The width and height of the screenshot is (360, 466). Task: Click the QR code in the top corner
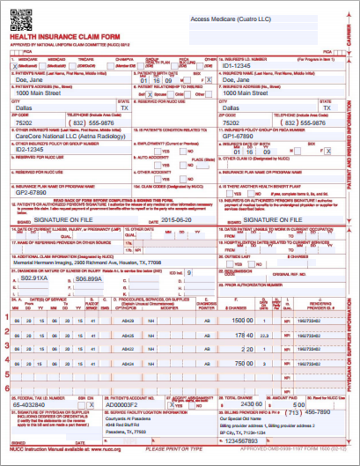[19, 18]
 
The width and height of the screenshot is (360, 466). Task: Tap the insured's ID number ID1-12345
[239, 64]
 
